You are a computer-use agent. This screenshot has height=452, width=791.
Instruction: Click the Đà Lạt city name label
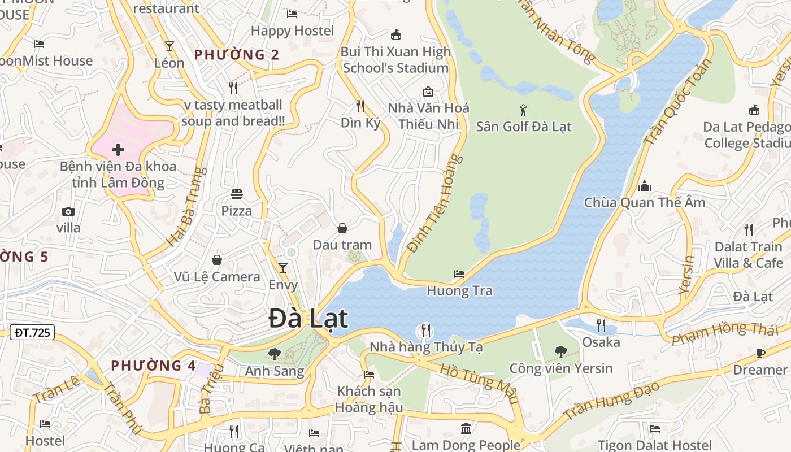point(308,319)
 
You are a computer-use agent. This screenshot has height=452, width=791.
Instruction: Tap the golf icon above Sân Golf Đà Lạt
point(523,110)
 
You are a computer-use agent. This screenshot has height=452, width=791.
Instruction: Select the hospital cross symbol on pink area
point(118,150)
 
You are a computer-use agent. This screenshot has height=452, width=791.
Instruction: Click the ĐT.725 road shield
point(32,333)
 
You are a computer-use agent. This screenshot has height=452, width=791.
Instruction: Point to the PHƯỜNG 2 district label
point(237,55)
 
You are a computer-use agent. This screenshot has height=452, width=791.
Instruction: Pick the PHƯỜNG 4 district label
point(154,366)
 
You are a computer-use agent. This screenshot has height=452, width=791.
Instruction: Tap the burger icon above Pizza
point(236,194)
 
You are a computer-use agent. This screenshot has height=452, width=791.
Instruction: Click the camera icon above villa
point(68,211)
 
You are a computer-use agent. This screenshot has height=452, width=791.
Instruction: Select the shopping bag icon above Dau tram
point(342,228)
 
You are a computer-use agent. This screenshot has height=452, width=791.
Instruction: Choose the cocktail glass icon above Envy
point(283,267)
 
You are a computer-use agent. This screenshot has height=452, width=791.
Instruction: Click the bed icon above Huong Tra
point(459,274)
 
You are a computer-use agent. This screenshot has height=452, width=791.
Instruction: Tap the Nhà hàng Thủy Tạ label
point(426,347)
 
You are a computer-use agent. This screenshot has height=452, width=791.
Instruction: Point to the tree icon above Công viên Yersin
point(561,352)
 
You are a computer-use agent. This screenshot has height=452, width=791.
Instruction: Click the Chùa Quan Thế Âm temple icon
point(645,186)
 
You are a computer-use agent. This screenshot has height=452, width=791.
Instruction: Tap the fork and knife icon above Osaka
point(601,325)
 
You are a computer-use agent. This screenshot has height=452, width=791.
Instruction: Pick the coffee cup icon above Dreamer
point(760,354)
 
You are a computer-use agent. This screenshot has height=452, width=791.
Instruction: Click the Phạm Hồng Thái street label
point(725,333)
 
